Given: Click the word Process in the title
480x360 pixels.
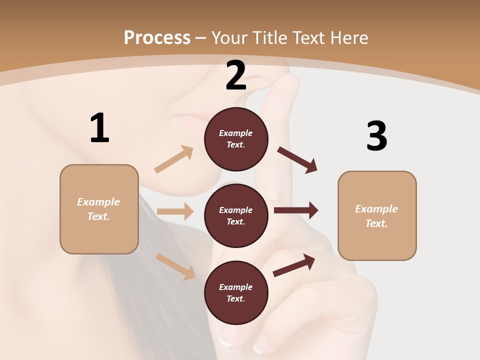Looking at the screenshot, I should [157, 37].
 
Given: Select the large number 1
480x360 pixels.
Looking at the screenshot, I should [99, 128].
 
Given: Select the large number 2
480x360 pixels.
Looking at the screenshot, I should [236, 75].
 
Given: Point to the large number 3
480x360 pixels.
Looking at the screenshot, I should [376, 136].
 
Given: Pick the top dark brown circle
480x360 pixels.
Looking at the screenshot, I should [236, 139].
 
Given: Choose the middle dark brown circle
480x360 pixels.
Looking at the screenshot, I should [236, 215].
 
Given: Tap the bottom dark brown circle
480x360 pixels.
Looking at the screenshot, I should [236, 292].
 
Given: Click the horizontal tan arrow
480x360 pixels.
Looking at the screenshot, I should [175, 211].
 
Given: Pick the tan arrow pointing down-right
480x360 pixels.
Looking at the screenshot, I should [175, 266].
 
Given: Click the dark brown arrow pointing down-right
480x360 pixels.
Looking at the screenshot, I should [297, 159].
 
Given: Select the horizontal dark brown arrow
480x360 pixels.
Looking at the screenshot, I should [296, 210].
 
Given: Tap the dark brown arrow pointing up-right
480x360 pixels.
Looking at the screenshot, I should [294, 265].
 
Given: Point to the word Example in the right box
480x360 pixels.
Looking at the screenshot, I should [376, 209].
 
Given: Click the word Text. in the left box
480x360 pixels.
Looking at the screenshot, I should [98, 216].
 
